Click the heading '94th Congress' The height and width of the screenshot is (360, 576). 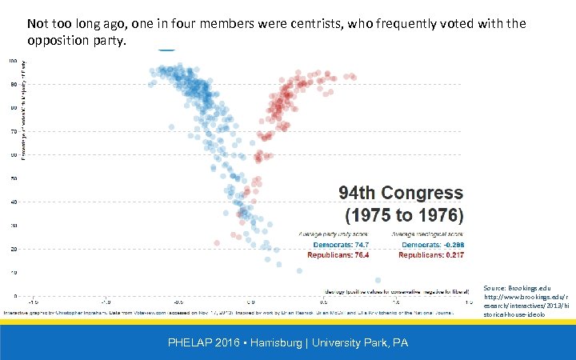pyautogui.click(x=401, y=193)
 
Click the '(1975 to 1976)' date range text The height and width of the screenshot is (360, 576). pyautogui.click(x=403, y=215)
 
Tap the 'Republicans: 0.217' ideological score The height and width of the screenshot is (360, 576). pyautogui.click(x=431, y=254)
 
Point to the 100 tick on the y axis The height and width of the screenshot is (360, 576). pyautogui.click(x=14, y=61)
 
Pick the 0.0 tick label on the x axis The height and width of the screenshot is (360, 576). pyautogui.click(x=250, y=303)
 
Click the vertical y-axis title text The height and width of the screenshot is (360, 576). pyautogui.click(x=23, y=108)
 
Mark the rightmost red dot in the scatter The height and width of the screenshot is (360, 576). pyautogui.click(x=353, y=77)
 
